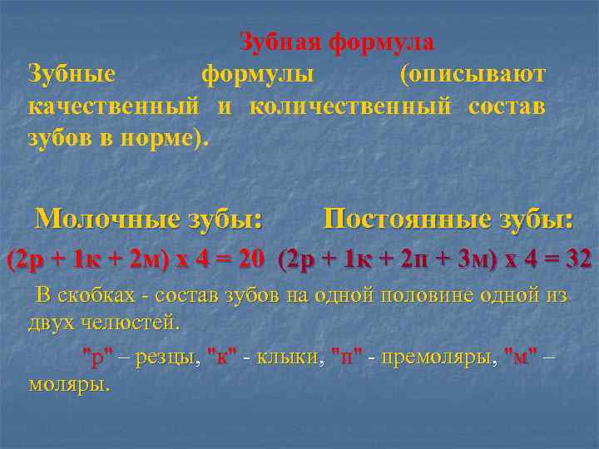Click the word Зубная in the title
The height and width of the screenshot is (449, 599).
tap(280, 41)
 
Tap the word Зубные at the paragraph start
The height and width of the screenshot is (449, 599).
tap(72, 74)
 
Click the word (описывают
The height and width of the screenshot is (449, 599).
tap(473, 74)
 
